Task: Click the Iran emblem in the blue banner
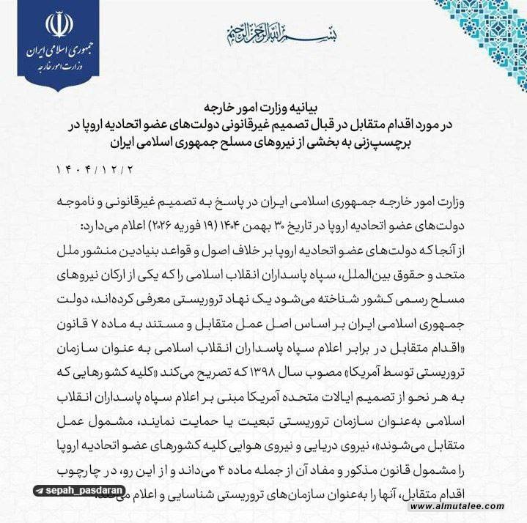tap(59, 25)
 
